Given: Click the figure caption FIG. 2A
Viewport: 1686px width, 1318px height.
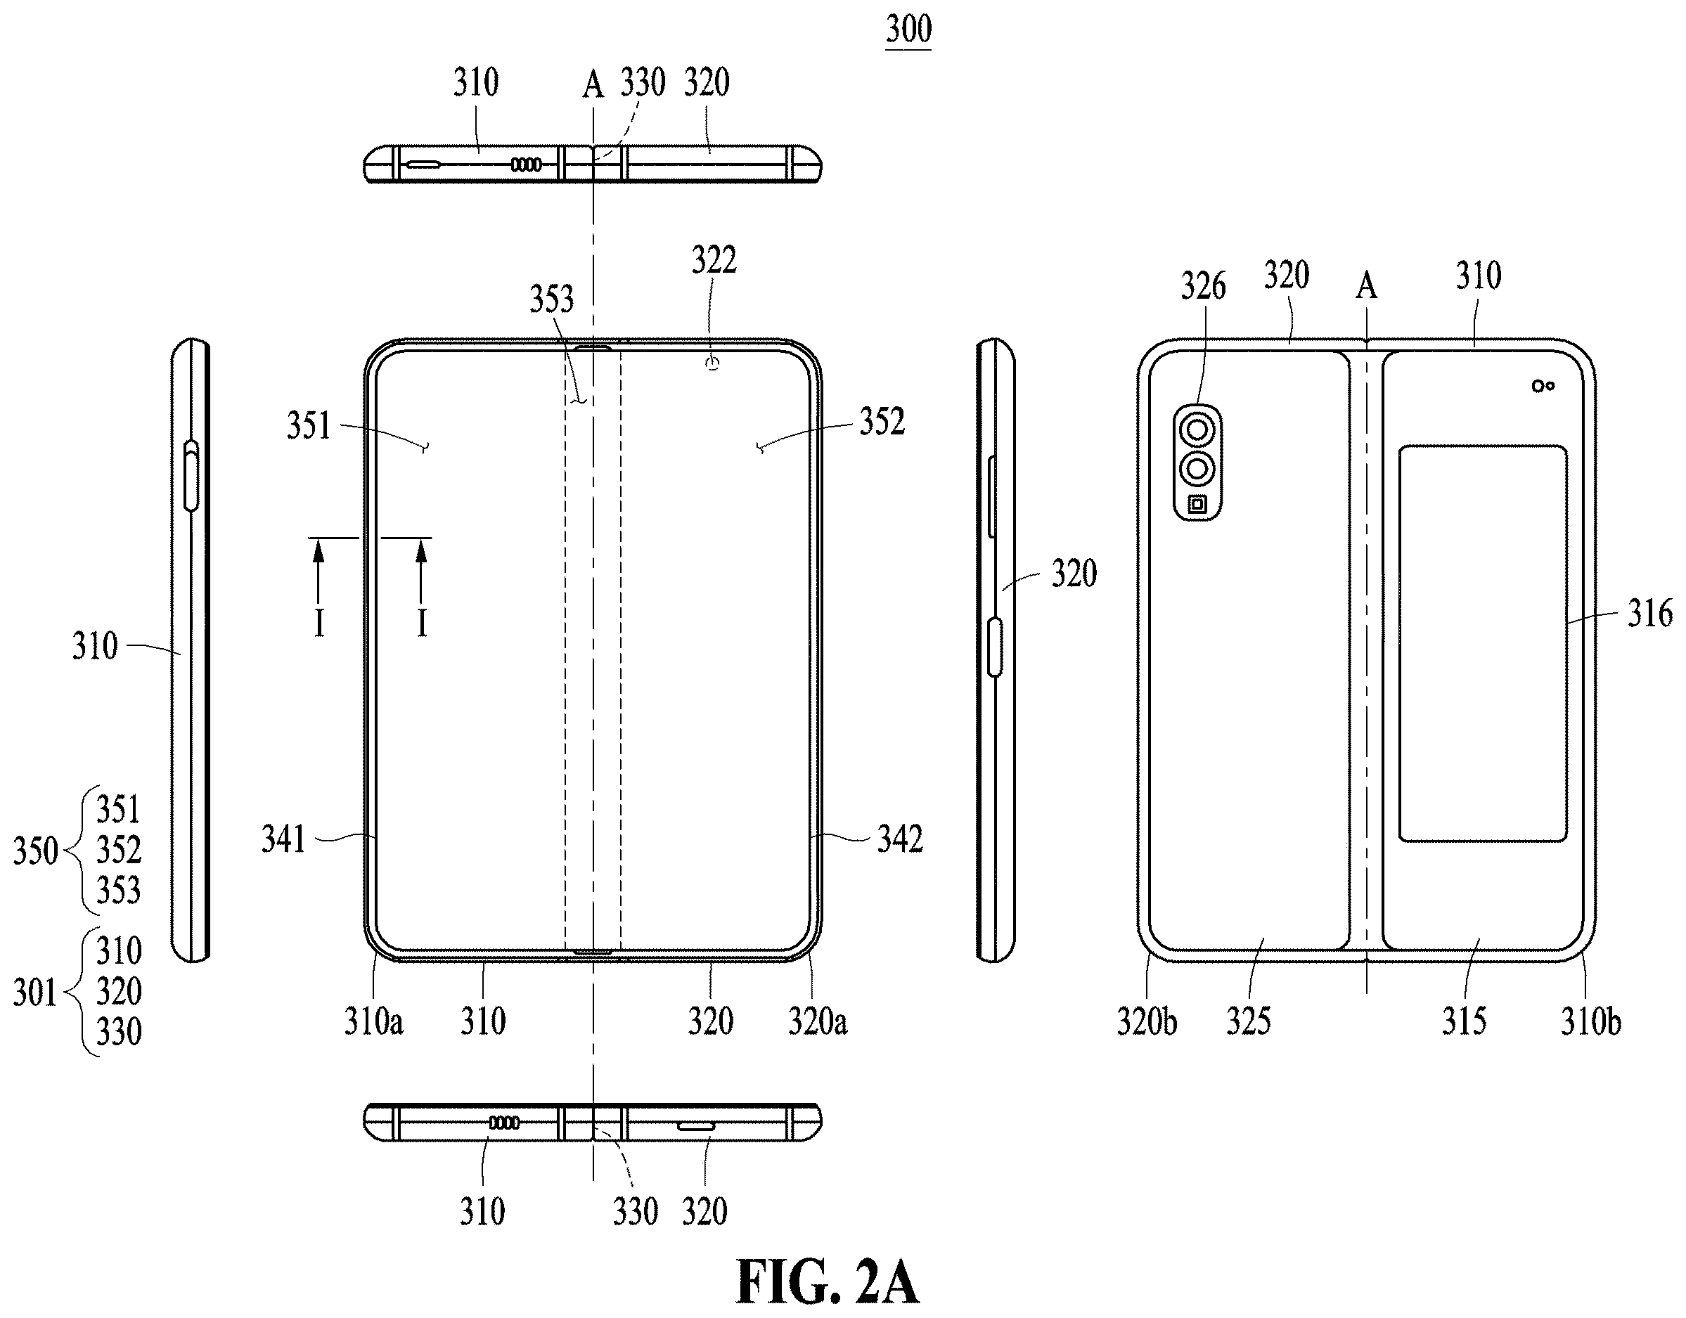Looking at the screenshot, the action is [827, 1281].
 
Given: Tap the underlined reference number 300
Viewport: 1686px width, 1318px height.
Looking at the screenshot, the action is [908, 30].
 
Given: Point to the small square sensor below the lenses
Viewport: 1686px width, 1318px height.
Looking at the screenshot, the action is [1197, 505].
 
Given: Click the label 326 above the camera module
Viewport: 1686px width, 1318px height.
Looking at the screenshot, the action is [1203, 286].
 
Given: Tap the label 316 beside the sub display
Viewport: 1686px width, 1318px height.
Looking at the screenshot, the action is [1649, 614].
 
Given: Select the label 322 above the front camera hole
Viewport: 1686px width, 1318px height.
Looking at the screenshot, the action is [714, 260].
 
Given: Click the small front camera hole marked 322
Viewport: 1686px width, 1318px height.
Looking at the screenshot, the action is [712, 363].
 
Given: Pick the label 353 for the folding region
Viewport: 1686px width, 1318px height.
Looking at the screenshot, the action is [551, 299].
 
